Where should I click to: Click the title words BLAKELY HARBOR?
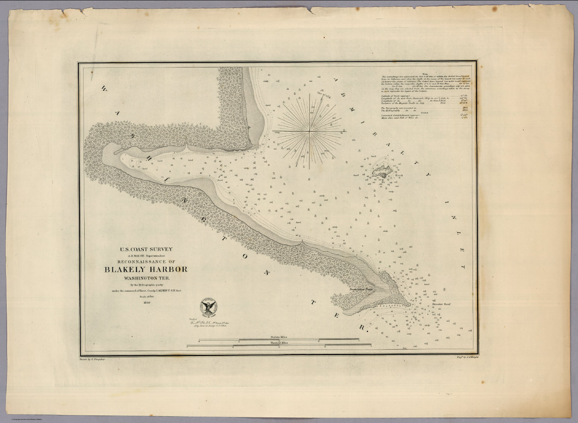[146, 270]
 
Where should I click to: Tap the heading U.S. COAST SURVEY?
[146, 249]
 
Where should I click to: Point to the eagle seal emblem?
[208, 308]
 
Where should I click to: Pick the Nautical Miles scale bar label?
[278, 343]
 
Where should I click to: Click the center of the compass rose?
[310, 131]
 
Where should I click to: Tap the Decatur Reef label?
[441, 304]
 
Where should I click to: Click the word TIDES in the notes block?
[425, 112]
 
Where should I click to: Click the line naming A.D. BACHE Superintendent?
[146, 256]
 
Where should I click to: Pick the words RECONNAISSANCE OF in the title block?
[146, 261]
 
